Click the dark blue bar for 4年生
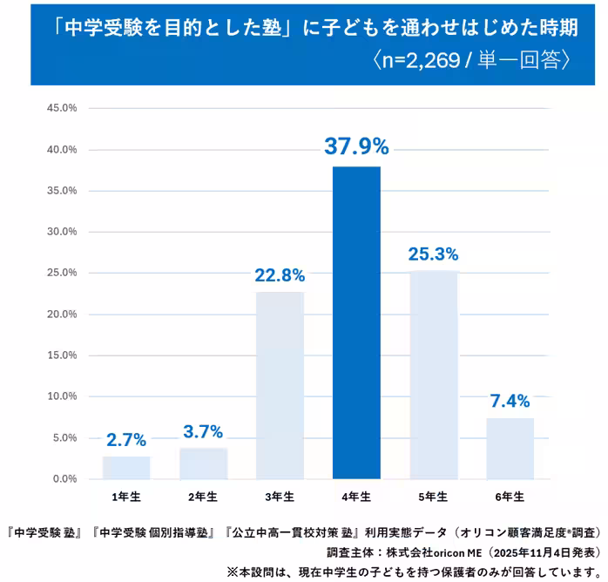pos(356,322)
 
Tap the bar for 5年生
pos(433,375)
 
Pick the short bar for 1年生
pos(126,468)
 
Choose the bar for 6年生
pos(510,448)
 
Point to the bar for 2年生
pos(203,464)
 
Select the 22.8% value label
pos(280,275)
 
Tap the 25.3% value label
pos(433,254)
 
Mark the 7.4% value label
pos(510,402)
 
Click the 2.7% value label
pos(126,440)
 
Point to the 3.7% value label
pos(203,432)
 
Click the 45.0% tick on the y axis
pos(62,108)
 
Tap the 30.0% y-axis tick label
pos(62,232)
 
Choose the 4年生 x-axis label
pos(356,497)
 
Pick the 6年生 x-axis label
pos(510,497)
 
